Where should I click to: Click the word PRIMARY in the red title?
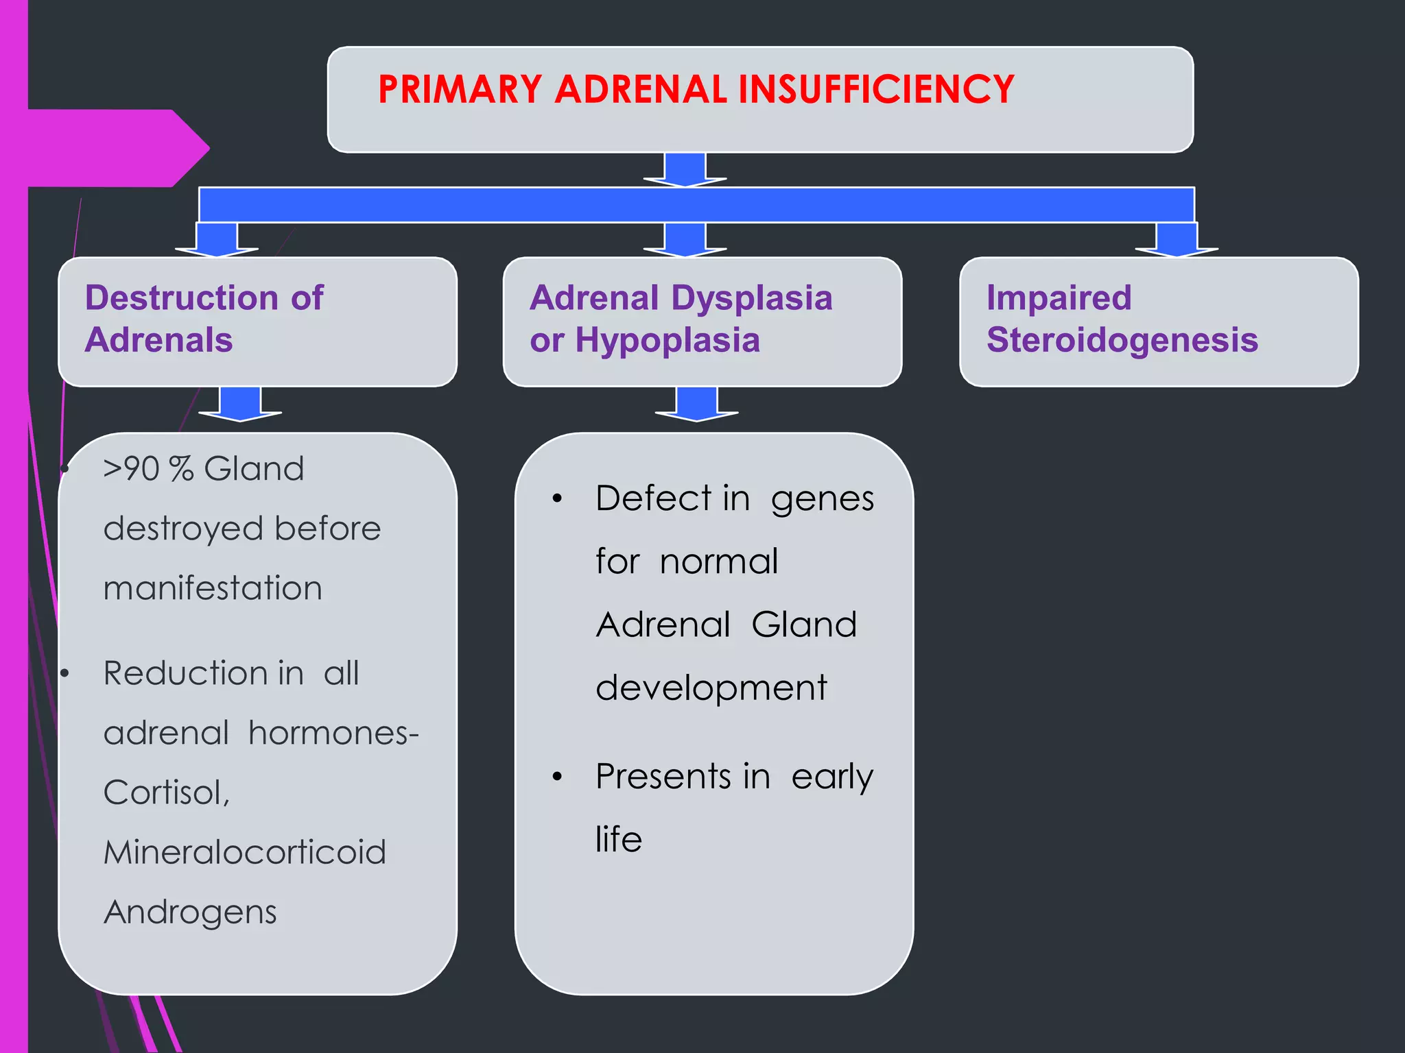460,89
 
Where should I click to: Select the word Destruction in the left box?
182,298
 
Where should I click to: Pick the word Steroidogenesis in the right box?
1122,340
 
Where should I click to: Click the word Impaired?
1059,298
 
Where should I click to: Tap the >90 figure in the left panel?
131,470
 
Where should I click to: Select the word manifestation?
213,588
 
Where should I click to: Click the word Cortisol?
167,792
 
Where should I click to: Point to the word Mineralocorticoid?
245,852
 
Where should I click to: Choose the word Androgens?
190,912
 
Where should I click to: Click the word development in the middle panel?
711,688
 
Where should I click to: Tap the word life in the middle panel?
619,839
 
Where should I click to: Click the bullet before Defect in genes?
557,499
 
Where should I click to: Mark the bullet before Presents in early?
557,777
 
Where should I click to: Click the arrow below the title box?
685,169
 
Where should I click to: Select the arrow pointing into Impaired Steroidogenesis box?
1177,240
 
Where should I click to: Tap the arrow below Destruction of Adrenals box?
240,404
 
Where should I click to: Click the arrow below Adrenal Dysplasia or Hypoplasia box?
696,404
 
